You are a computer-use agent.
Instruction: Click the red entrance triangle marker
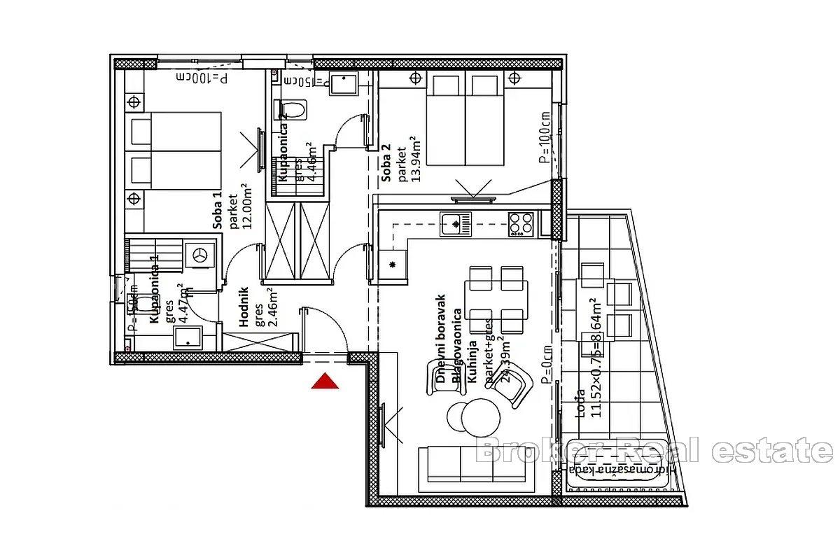[x=325, y=381]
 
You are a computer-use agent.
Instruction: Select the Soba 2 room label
[x=386, y=163]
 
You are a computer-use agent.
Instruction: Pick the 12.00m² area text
[x=246, y=210]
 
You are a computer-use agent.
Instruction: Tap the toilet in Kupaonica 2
[x=293, y=109]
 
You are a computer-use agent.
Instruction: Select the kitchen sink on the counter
[x=456, y=225]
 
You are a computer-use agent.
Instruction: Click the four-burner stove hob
[x=521, y=224]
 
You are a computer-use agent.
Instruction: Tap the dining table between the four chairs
[x=496, y=299]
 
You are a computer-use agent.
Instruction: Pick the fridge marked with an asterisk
[x=393, y=265]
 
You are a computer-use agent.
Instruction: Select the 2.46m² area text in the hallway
[x=272, y=304]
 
